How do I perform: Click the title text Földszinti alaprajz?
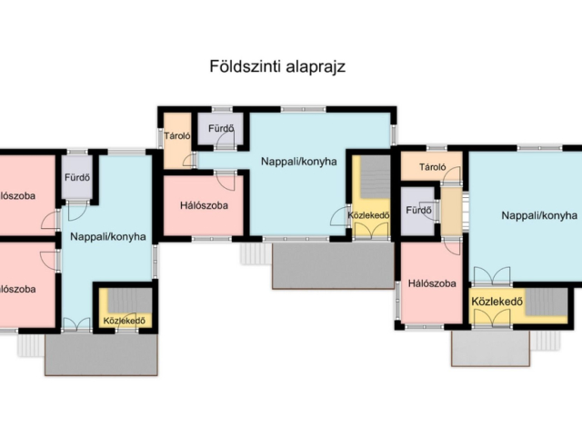tap(277, 66)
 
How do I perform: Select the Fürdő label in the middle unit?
tap(220, 129)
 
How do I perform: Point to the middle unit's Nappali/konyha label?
tap(299, 162)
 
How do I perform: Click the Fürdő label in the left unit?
tap(76, 177)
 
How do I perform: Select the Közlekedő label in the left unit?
tap(125, 321)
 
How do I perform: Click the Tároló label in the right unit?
tap(432, 167)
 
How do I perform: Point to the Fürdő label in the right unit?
tap(418, 210)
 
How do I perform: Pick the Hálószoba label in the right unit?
tap(431, 283)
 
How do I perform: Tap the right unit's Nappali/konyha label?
tap(539, 215)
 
